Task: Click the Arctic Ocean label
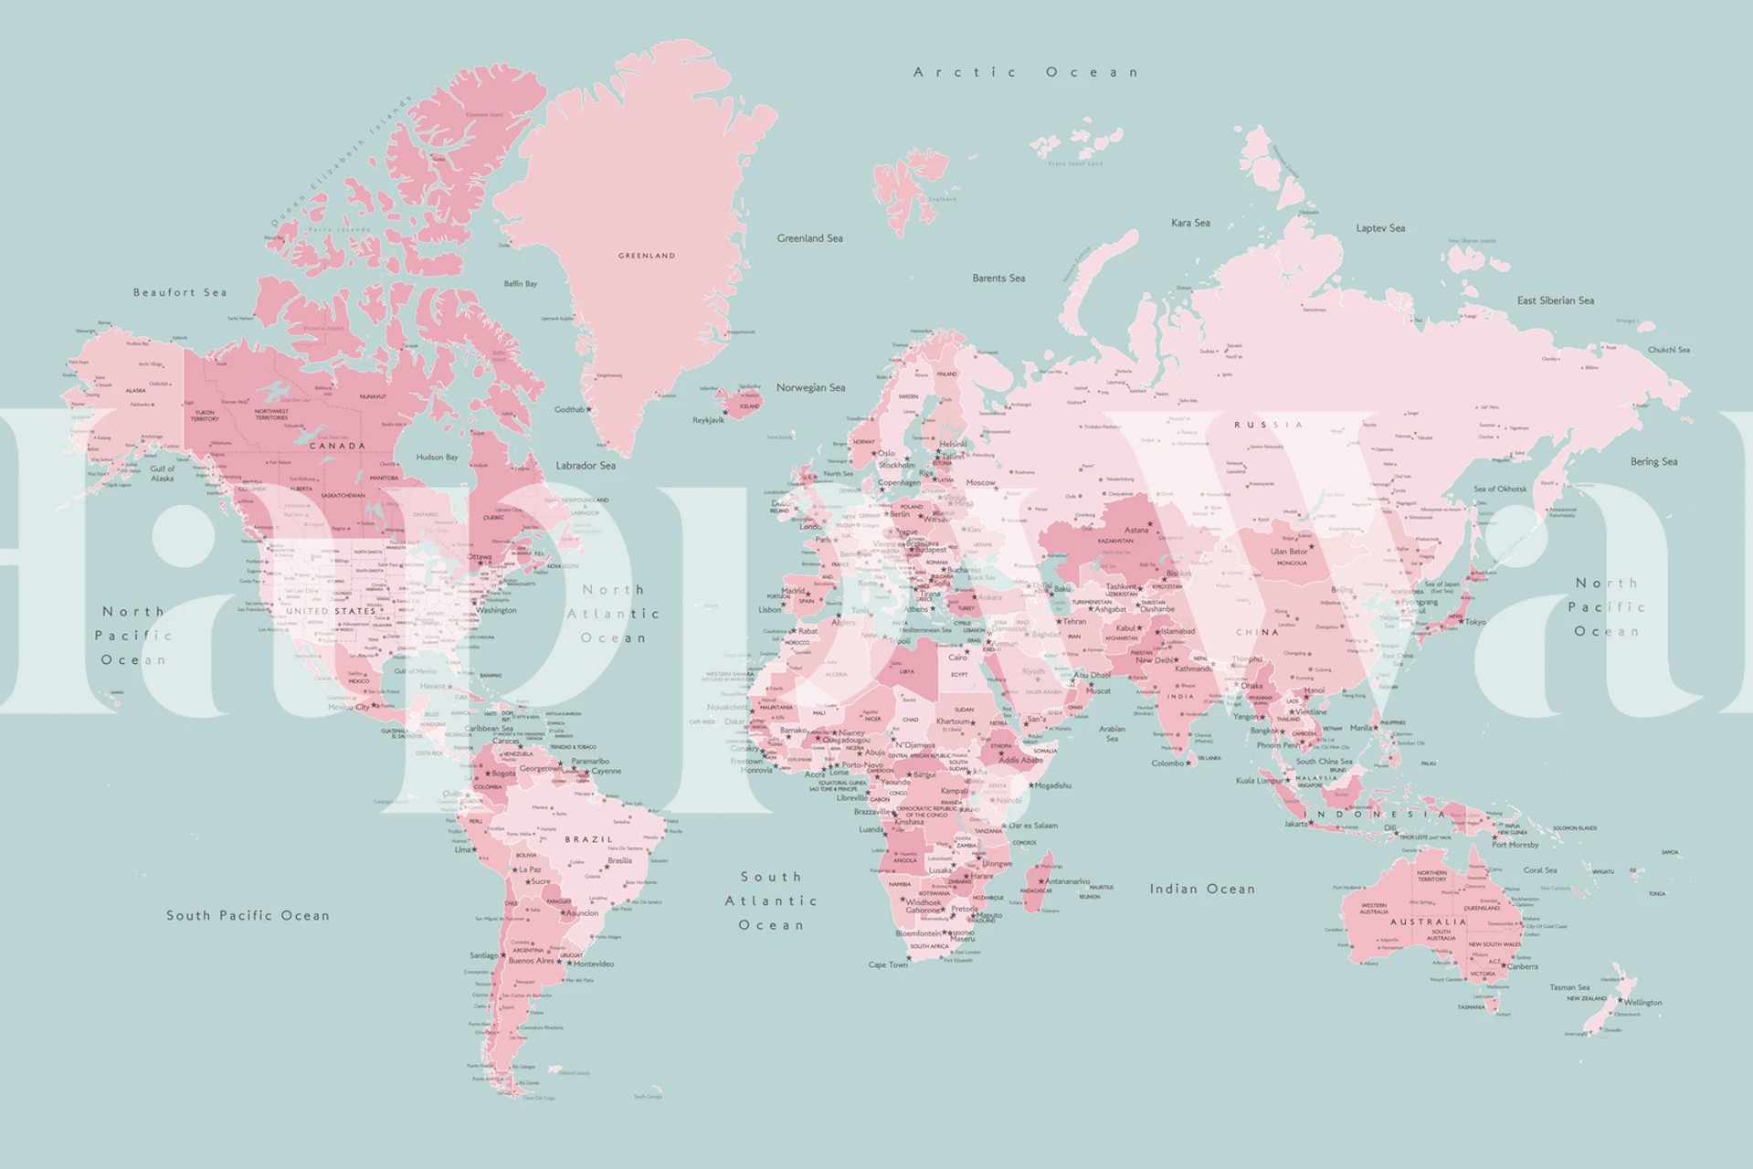(1027, 72)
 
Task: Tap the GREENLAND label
(647, 256)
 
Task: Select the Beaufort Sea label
(180, 292)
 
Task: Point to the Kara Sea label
(1190, 223)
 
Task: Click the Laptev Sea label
(1380, 228)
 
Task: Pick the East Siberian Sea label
(1556, 300)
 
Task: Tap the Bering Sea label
(1653, 461)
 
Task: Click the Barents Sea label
(998, 278)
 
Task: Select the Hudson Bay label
(437, 457)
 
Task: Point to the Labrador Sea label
(586, 466)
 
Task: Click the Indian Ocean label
(1202, 889)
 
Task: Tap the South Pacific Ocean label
(248, 915)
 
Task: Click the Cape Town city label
(888, 964)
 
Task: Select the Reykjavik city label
(708, 420)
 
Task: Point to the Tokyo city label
(1475, 622)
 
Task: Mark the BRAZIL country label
(589, 839)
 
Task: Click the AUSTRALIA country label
(1433, 922)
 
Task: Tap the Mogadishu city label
(1053, 785)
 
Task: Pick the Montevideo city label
(594, 964)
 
